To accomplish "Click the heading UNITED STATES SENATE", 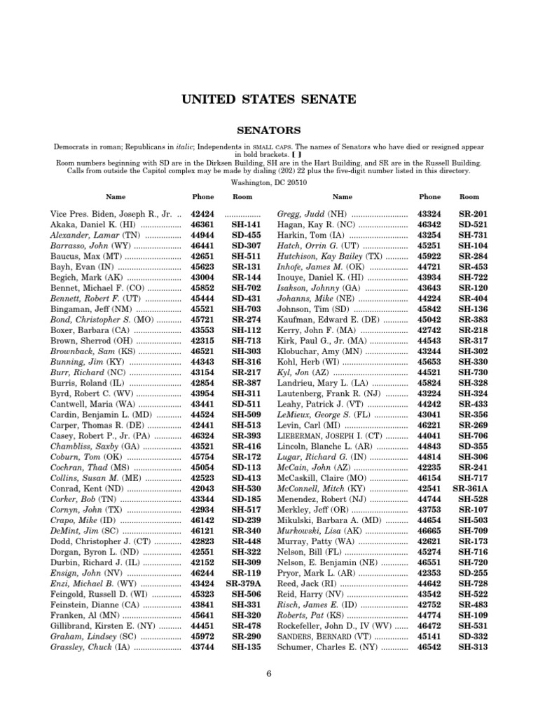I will pyautogui.click(x=269, y=100).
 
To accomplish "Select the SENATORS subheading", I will pyautogui.click(x=269, y=130).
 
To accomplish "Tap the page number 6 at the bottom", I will pyautogui.click(x=268, y=674).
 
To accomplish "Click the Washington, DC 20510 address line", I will pyautogui.click(x=269, y=181).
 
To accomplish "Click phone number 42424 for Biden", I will pyautogui.click(x=203, y=214).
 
